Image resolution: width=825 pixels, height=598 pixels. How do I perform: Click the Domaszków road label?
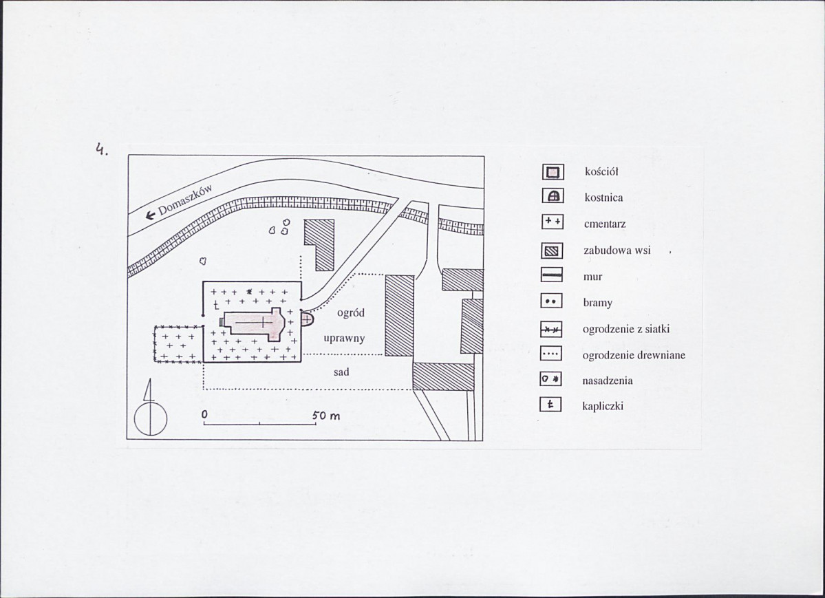(x=185, y=200)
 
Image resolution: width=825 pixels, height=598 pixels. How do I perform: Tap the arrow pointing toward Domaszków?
(x=151, y=214)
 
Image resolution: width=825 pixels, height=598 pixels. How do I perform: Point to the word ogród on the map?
(x=350, y=312)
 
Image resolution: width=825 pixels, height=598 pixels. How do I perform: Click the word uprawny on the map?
(x=344, y=338)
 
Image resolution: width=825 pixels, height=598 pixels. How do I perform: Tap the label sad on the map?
(x=341, y=372)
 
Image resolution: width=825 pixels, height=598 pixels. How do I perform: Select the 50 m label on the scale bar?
(x=325, y=416)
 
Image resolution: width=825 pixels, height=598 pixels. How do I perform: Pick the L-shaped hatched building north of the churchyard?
(x=319, y=244)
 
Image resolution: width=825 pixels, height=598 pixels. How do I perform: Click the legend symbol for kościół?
(x=553, y=172)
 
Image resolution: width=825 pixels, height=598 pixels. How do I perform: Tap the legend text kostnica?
(x=603, y=198)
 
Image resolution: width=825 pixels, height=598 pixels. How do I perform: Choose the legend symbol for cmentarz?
(x=553, y=222)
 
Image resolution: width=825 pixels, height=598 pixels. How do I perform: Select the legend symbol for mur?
(x=551, y=275)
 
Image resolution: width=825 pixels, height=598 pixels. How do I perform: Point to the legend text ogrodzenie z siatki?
(x=625, y=330)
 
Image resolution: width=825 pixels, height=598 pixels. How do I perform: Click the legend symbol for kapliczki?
(x=550, y=404)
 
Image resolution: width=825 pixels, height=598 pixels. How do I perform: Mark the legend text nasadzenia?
(x=607, y=381)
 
